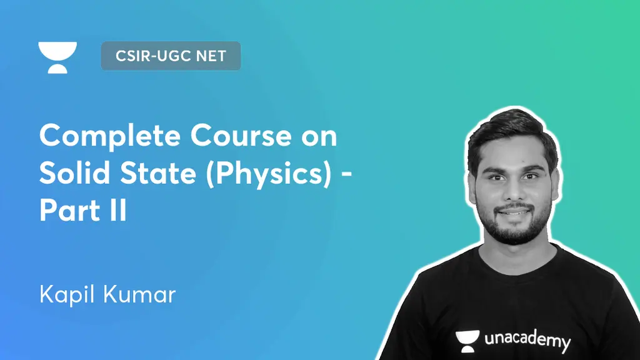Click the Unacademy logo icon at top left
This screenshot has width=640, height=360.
[x=57, y=57]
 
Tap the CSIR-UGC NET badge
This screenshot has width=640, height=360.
[x=171, y=56]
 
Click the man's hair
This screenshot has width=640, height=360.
[x=512, y=134]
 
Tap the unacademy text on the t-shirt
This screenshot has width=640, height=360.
[x=527, y=341]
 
